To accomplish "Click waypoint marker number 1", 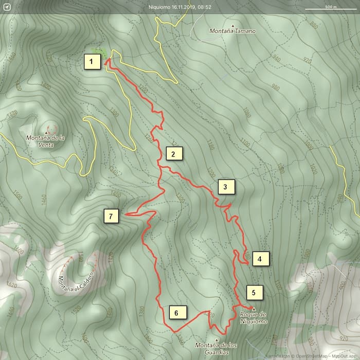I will click(92, 63).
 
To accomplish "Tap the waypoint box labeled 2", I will click(174, 154).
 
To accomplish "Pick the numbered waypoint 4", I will click(260, 259).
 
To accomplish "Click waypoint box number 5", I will click(254, 293).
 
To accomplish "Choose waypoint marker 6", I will click(176, 313).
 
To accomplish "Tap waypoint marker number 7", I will click(111, 216).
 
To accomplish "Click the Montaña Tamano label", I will click(232, 31).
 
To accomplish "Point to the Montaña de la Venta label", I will click(46, 140).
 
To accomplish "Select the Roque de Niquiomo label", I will click(254, 318).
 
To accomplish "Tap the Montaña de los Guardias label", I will click(217, 348).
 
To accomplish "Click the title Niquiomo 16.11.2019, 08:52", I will click(179, 7).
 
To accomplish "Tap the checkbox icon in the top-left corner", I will click(7, 7).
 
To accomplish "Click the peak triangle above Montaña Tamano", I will click(232, 25).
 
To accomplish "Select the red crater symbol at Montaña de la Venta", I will click(51, 129).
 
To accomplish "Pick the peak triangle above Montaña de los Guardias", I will click(217, 339).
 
